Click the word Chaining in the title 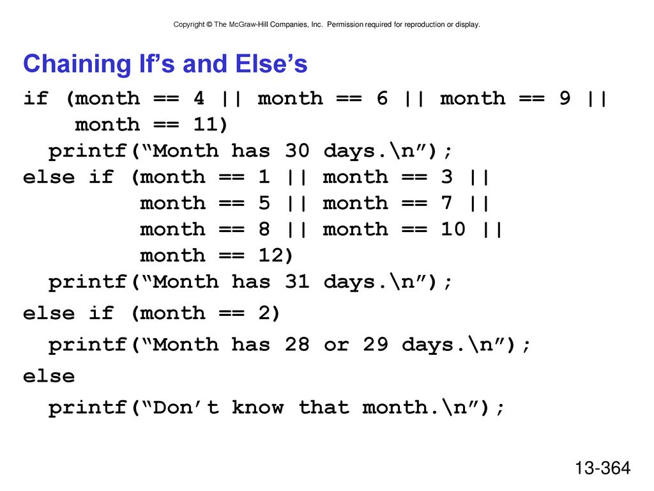coord(77,65)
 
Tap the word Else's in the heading coord(271,64)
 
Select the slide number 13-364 coord(603,467)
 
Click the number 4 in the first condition coord(199,98)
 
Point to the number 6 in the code coord(382,98)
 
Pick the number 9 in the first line coord(565,98)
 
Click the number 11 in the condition coord(205,125)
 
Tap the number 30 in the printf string coord(297,151)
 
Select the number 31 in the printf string coord(297,282)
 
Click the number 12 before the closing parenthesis coord(271,256)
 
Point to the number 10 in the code coord(453,230)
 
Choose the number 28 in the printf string coord(297,345)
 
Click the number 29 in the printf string coord(376,345)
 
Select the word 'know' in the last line coord(258,407)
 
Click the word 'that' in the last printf coord(324,407)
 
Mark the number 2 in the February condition coord(264,313)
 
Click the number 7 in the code coord(447,203)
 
